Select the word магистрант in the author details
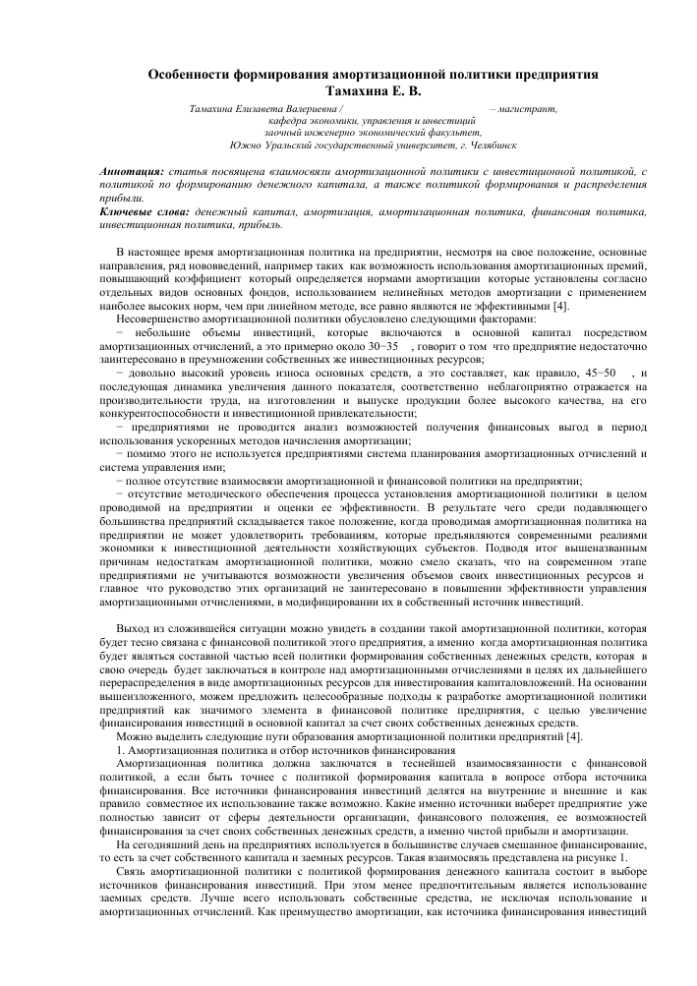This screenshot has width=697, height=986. (532, 108)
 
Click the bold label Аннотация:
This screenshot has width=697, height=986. (132, 172)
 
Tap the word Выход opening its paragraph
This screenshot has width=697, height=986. (134, 627)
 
